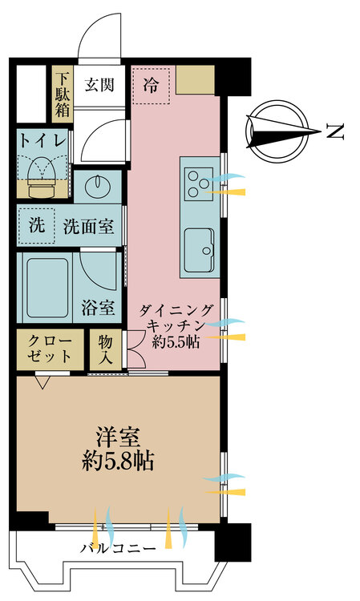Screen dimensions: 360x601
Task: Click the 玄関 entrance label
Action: point(99,85)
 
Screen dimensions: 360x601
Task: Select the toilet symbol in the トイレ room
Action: point(42,177)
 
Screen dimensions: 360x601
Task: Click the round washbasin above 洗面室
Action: point(98,186)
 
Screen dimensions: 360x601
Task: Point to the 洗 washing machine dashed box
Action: point(36,226)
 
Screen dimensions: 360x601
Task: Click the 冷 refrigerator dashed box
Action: point(151,86)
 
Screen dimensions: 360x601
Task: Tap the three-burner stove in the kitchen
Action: point(199,184)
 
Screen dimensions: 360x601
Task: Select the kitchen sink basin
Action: point(199,250)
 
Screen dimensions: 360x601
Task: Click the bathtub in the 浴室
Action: point(47,288)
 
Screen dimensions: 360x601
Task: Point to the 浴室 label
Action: point(98,309)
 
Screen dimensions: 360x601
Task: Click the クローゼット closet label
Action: point(50,349)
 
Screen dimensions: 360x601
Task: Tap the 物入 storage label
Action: point(105,349)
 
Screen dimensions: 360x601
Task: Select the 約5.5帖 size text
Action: point(176,341)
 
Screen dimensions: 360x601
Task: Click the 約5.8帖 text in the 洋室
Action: point(118,461)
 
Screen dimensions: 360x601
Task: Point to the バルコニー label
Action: point(118,549)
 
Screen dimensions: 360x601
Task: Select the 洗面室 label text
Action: point(88,226)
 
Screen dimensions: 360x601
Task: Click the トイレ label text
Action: point(42,141)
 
